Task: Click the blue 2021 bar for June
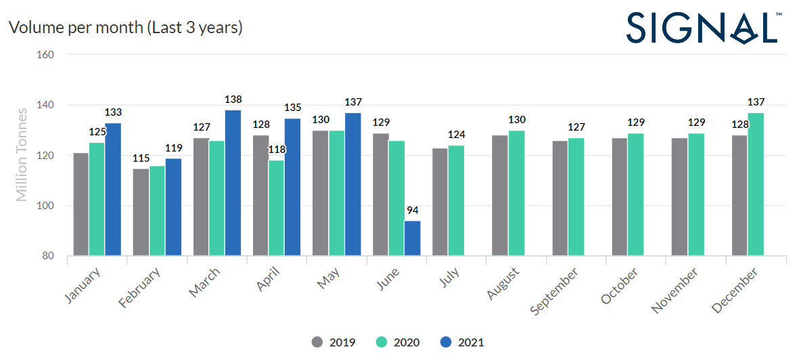413,238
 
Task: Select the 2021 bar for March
233,183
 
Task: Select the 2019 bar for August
500,196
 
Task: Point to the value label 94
413,210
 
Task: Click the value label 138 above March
233,99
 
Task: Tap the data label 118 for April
277,150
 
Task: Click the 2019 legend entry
334,342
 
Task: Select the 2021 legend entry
462,342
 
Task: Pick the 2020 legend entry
398,342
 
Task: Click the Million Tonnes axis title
22,155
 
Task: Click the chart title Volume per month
125,28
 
